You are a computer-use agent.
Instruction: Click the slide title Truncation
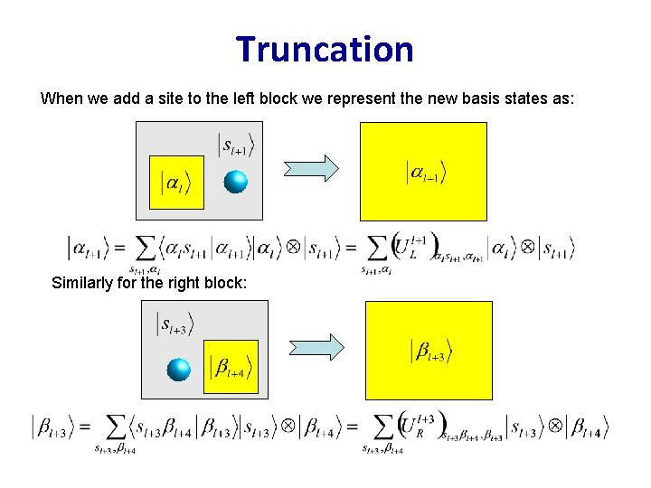pos(325,49)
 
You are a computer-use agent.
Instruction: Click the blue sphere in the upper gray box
pos(235,182)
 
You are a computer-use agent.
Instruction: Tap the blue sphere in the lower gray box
pos(180,369)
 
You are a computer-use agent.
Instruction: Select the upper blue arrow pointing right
pos(311,168)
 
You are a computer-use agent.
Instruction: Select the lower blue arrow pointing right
pos(316,346)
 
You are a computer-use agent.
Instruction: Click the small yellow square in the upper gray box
pos(176,182)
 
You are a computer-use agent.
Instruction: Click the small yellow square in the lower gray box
pos(231,367)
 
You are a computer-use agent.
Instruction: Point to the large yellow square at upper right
pos(423,172)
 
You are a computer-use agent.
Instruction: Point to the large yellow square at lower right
pos(429,350)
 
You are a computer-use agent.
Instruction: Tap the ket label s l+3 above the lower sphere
pos(175,324)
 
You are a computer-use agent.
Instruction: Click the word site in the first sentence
pos(192,99)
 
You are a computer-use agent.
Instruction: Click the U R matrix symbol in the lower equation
pos(415,426)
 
